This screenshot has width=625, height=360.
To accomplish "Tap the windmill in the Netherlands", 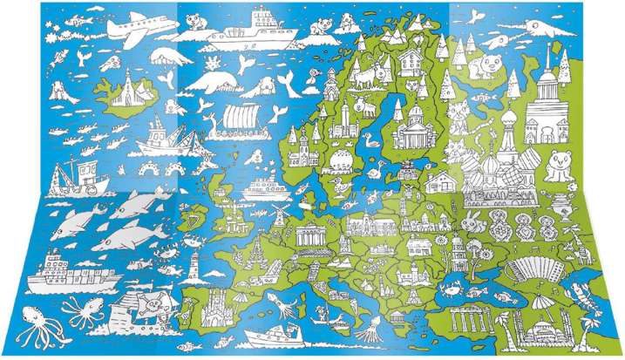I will (x=280, y=214).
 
